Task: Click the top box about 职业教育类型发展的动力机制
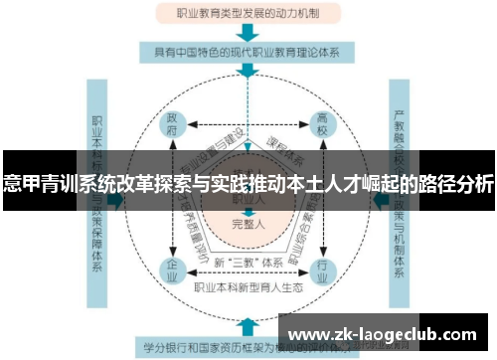coord(248,14)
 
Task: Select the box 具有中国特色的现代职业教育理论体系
coord(248,51)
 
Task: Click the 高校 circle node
coord(322,124)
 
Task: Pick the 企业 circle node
coord(173,270)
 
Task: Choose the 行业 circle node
coord(322,270)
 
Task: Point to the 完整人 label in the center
coord(248,224)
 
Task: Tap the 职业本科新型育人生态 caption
coord(248,289)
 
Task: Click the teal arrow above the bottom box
coord(248,326)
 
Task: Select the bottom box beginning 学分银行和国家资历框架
coord(248,348)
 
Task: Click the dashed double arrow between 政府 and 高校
coord(248,125)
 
